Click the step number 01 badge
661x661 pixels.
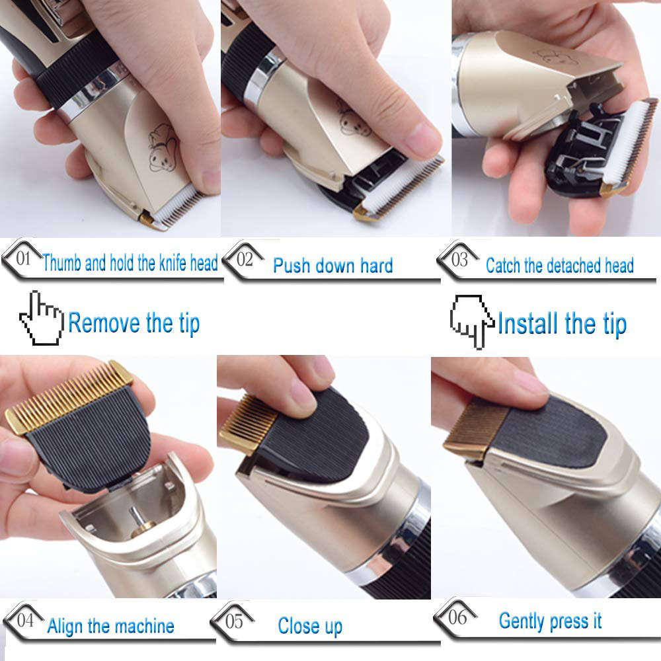(x=23, y=258)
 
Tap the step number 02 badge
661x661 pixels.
(x=245, y=259)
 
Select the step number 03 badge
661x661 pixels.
(x=459, y=259)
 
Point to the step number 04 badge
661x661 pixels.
(x=26, y=620)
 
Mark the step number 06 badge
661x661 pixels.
(x=457, y=617)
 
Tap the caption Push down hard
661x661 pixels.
(x=332, y=266)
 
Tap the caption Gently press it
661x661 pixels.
(x=550, y=621)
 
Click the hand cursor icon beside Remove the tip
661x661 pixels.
(x=41, y=319)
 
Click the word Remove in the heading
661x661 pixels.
(x=104, y=324)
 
